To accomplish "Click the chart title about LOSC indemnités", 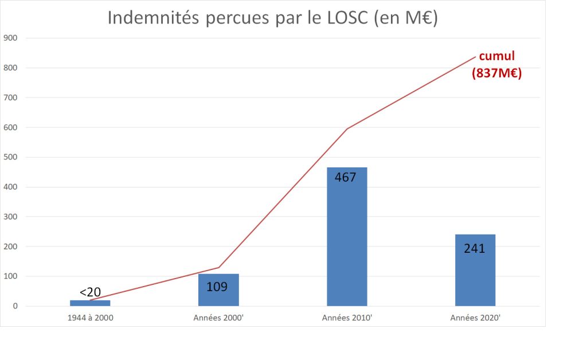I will coord(272,18).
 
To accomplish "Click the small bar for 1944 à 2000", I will coord(90,303).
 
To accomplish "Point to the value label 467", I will coord(346,177).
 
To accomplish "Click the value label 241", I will coord(475,248).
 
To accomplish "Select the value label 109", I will coord(217,287).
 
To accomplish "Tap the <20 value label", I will coord(90,292).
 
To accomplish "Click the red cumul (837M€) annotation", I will coord(497,64).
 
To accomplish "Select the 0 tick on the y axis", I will coord(15,306).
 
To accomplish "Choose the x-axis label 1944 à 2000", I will coord(90,318).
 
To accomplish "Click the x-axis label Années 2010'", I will coord(347,318).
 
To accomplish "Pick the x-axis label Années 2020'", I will coord(475,318).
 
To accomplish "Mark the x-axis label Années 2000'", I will coord(218,318).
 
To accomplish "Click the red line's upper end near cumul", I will coord(475,57).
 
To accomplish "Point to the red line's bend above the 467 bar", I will coord(347,129).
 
